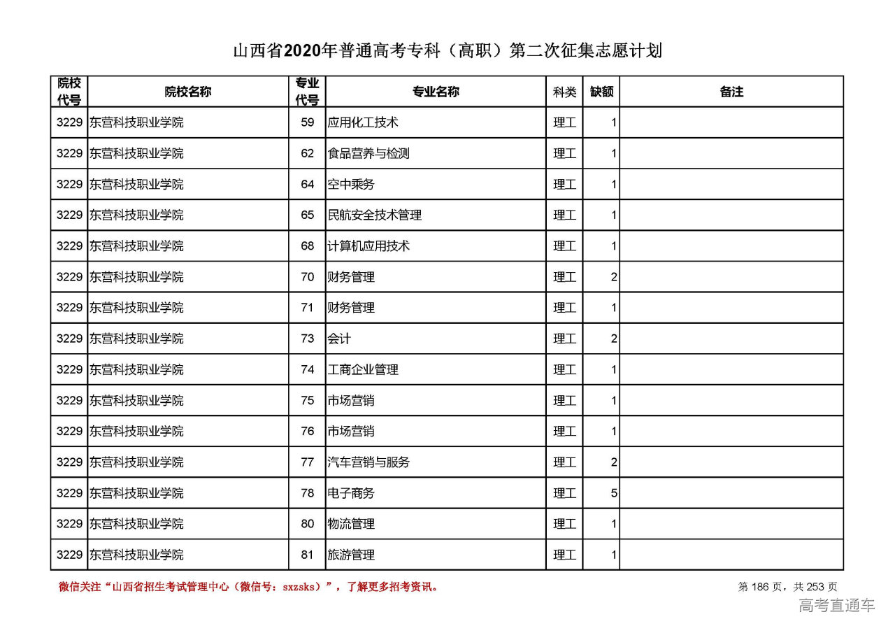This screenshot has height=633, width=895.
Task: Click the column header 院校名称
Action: [188, 92]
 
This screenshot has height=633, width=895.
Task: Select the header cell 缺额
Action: [601, 92]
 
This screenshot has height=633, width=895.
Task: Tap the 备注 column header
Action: [731, 92]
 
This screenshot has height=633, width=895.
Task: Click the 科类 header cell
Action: [564, 92]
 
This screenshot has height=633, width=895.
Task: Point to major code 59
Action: [308, 122]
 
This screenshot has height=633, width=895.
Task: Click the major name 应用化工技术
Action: [363, 122]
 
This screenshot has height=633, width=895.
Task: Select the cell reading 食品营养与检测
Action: [368, 153]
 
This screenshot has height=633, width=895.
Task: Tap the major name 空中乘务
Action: [351, 184]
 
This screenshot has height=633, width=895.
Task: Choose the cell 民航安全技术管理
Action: [375, 215]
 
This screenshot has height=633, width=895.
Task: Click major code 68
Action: [308, 246]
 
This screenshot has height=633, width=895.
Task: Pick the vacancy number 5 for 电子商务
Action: [614, 493]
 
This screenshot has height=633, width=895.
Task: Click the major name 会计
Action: [339, 339]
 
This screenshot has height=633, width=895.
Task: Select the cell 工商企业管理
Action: [363, 369]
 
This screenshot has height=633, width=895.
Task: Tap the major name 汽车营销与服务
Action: [368, 462]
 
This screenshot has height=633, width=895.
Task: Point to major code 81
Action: [308, 555]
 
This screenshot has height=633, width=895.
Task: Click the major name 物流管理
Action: [351, 524]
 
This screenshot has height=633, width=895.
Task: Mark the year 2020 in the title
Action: [302, 51]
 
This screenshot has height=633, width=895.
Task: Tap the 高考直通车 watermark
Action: [837, 606]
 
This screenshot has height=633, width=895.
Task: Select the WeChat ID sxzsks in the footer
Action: [301, 587]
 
